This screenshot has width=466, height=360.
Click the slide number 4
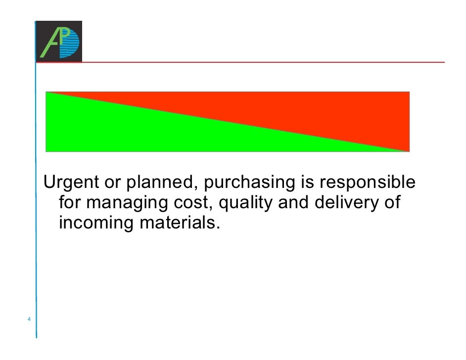pos(29,319)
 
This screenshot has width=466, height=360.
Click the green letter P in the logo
pos(62,35)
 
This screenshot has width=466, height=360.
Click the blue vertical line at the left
pos(36,198)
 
